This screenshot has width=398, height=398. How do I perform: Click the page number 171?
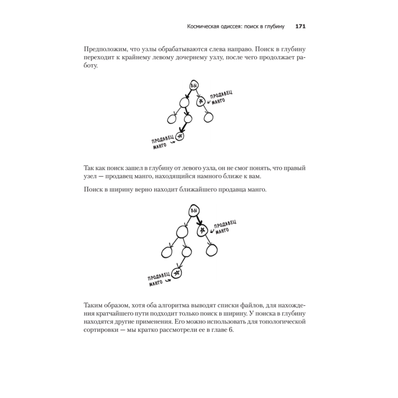click(x=300, y=27)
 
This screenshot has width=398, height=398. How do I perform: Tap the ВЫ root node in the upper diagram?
click(x=194, y=86)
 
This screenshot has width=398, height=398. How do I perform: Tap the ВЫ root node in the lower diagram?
click(x=194, y=210)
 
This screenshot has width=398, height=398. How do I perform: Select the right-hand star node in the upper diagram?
click(x=201, y=101)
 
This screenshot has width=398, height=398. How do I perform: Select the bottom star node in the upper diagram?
click(x=180, y=137)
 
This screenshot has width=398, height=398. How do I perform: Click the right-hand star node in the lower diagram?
click(x=203, y=230)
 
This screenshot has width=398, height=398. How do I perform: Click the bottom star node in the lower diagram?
click(x=177, y=273)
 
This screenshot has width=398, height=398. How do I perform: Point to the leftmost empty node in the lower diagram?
click(x=166, y=251)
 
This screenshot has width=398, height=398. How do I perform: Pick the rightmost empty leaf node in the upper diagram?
click(x=208, y=117)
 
